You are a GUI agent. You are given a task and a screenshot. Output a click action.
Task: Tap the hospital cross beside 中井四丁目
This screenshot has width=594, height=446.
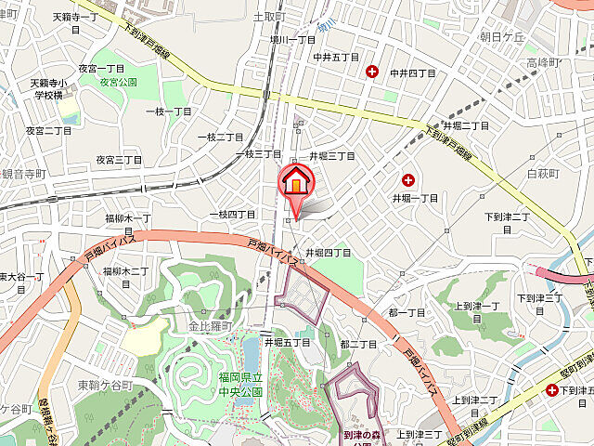click(372, 72)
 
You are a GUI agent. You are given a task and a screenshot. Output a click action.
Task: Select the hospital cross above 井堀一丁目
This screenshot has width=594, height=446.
click(407, 179)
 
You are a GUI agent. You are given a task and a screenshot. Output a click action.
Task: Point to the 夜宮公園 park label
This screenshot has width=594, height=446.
click(120, 82)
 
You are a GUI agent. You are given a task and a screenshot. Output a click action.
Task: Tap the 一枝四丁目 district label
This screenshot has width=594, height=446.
click(231, 215)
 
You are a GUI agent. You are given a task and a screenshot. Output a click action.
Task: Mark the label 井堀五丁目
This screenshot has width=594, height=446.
click(287, 342)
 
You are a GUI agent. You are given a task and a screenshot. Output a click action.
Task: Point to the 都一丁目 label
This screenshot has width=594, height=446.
click(406, 313)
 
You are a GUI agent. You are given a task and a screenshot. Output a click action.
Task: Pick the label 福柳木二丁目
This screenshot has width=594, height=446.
click(126, 271)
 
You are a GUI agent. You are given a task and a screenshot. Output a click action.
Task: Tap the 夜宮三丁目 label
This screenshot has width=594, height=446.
click(119, 160)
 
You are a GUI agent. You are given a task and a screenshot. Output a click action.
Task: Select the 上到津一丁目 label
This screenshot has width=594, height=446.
click(477, 310)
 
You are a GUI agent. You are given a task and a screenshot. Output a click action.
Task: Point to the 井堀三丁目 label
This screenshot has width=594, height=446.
click(331, 156)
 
